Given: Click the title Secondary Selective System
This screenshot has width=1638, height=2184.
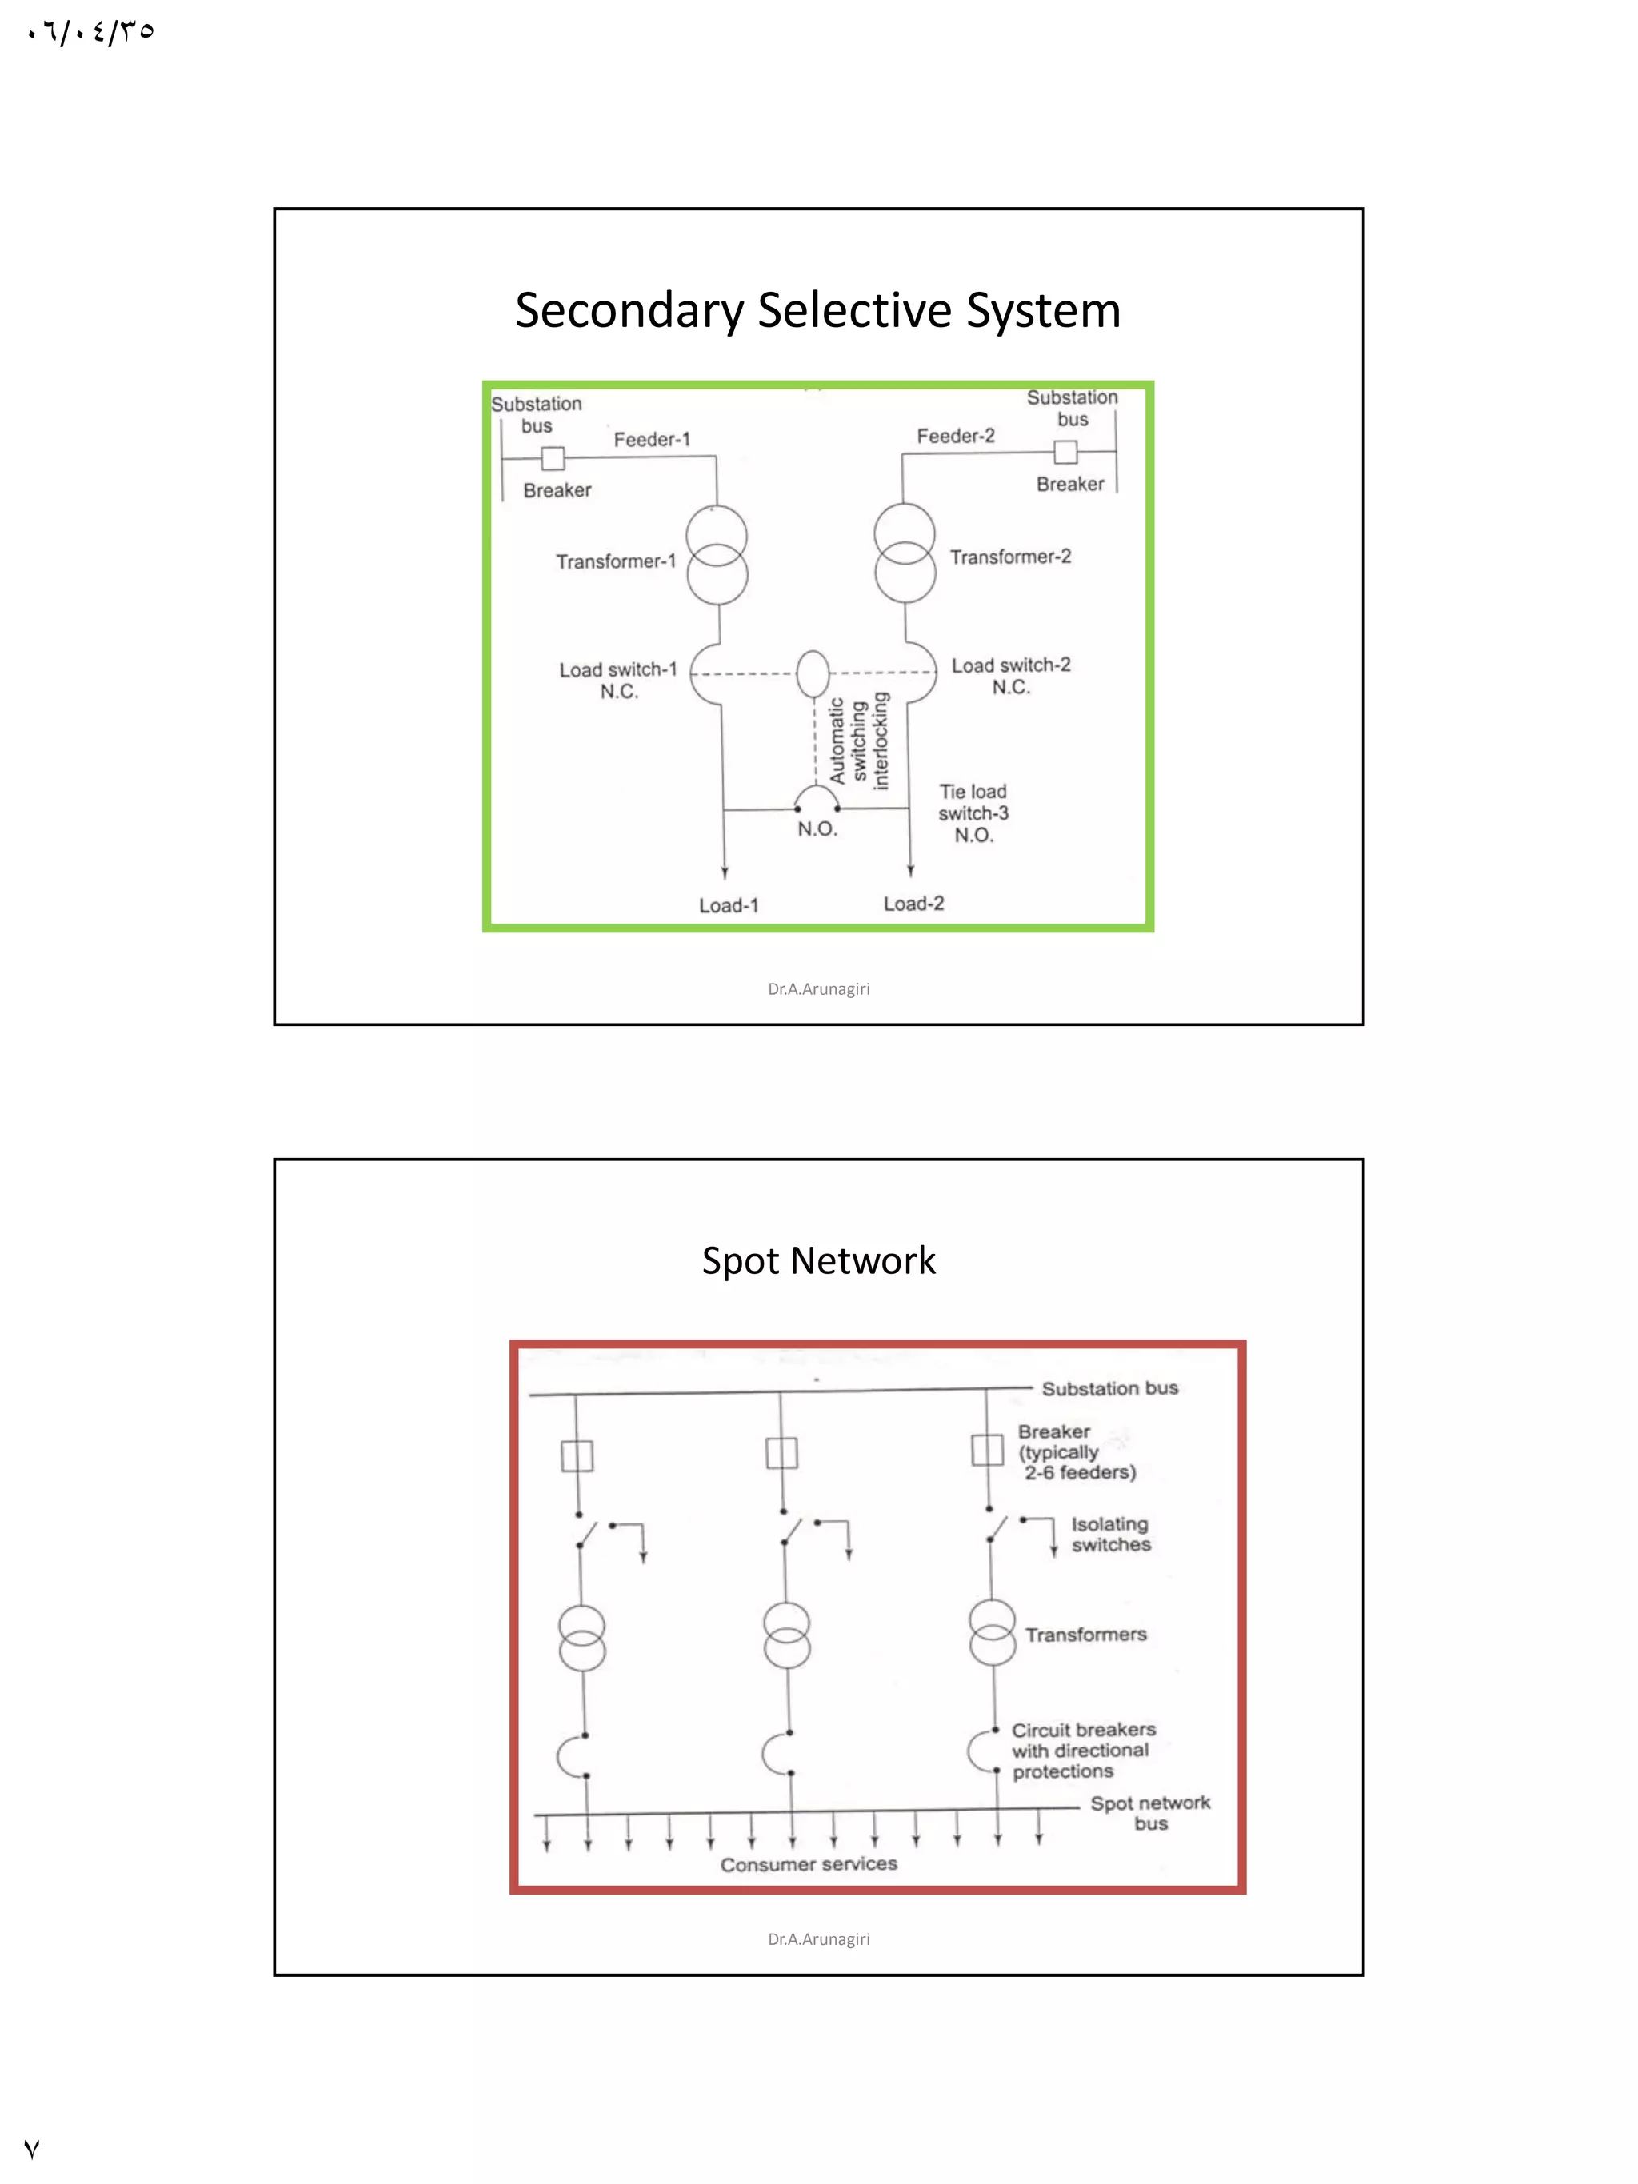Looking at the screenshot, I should (x=817, y=310).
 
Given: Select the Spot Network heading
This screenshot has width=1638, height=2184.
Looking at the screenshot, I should (x=817, y=1261).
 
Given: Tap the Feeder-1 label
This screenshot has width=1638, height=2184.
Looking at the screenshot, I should (x=652, y=439).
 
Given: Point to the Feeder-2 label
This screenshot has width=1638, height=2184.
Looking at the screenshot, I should (x=955, y=435).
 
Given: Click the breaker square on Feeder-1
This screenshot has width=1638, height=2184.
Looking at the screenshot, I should (x=553, y=458).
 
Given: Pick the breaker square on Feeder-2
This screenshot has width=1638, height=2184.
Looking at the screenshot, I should (x=1065, y=452).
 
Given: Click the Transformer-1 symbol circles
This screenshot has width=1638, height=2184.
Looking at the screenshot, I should (x=717, y=555).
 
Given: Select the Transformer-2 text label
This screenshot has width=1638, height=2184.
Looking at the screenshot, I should (x=1010, y=557).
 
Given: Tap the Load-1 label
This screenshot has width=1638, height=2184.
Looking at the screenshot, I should (x=729, y=905).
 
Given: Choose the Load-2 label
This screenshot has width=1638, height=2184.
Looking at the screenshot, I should (x=913, y=904).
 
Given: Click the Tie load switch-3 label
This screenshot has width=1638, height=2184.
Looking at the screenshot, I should (x=973, y=813).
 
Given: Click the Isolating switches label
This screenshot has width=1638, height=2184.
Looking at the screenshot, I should (x=1111, y=1535).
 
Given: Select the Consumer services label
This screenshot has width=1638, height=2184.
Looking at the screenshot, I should (x=809, y=1864).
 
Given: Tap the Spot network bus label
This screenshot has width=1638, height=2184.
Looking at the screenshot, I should (x=1150, y=1813).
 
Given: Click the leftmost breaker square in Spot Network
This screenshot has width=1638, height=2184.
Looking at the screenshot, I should (x=577, y=1456).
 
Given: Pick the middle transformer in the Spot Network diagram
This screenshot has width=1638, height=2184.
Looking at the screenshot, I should (x=787, y=1635).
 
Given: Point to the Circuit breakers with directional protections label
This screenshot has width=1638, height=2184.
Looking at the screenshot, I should (x=1082, y=1751).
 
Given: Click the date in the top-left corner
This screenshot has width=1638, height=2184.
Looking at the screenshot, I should (x=91, y=33).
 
